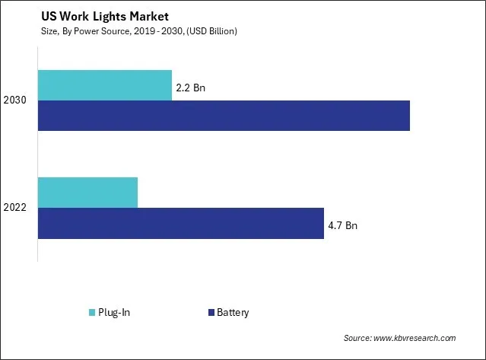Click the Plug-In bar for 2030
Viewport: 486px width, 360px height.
pos(104,84)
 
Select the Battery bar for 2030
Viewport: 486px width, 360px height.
pos(224,115)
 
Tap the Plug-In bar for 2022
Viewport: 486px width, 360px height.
pos(87,192)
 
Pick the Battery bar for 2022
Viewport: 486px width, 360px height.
pos(180,223)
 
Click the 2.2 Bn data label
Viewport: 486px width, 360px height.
pos(192,88)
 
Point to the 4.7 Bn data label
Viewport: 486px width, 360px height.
pos(343,226)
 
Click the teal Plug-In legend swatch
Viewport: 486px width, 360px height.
pos(92,312)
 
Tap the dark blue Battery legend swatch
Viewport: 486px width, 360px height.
pos(209,312)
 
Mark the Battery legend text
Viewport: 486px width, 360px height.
pos(233,312)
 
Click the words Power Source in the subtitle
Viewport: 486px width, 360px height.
pos(101,30)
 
